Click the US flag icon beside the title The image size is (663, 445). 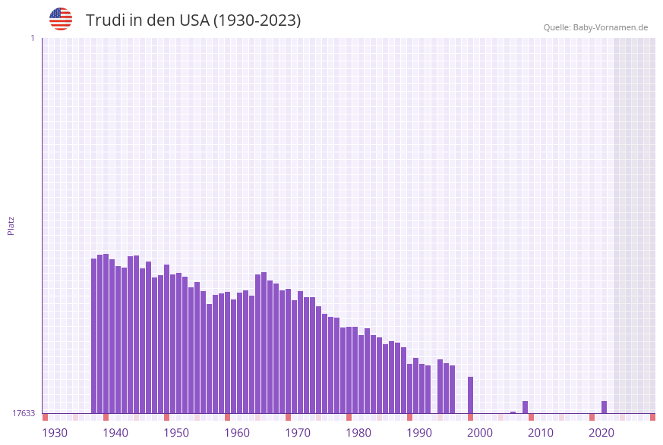tap(61, 19)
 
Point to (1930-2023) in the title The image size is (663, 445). tap(257, 20)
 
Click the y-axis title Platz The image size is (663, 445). tap(11, 225)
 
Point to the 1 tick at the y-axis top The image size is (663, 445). tap(32, 38)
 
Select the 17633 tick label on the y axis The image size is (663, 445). tap(24, 413)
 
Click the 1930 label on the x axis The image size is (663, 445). tap(55, 433)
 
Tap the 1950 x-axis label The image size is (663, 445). tap(176, 433)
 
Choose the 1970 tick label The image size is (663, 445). tap(298, 433)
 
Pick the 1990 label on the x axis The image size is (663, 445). tap(419, 433)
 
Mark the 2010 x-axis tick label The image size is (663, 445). tap(541, 433)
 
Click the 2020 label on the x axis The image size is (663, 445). tap(601, 433)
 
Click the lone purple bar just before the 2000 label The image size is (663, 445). tap(470, 395)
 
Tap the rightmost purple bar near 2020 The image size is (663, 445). tap(604, 407)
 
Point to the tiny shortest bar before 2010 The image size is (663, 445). tap(513, 412)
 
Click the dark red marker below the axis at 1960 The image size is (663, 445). tap(227, 417)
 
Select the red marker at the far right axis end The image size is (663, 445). tap(652, 417)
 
